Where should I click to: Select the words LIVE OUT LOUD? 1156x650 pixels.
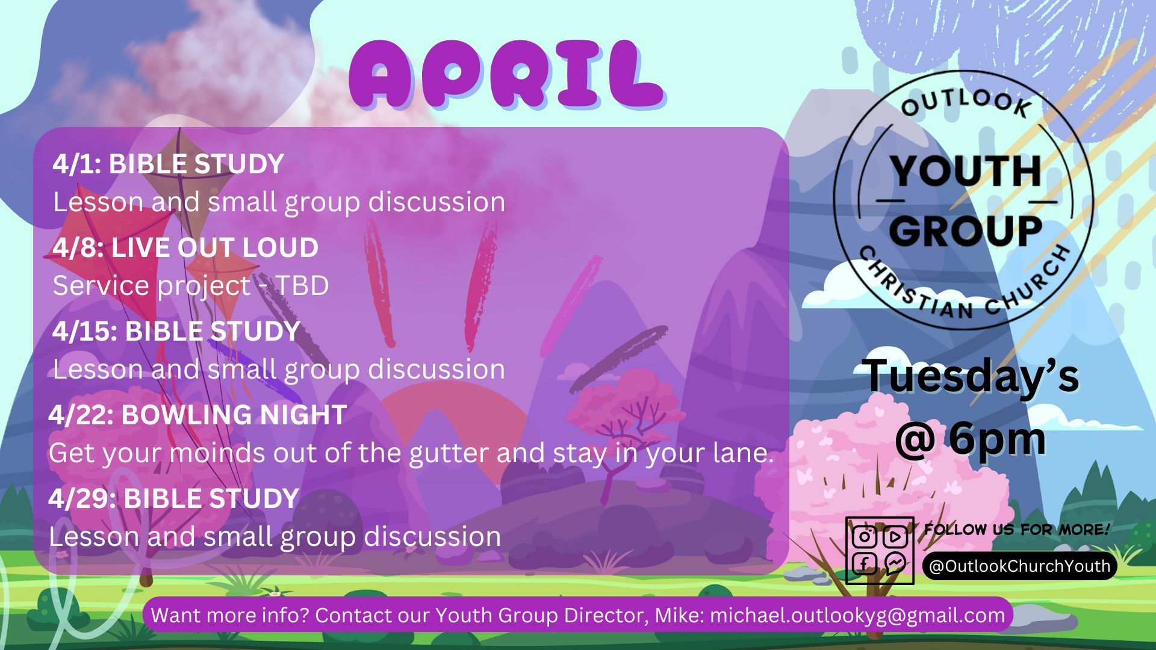(x=214, y=248)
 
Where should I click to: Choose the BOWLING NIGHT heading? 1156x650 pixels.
(x=234, y=415)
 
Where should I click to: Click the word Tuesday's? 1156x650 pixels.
(x=971, y=376)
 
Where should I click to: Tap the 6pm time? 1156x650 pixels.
(x=998, y=439)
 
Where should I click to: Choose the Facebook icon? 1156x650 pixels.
(x=864, y=565)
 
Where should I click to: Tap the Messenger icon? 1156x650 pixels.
(x=895, y=564)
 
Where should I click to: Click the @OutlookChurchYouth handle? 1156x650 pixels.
(x=1020, y=566)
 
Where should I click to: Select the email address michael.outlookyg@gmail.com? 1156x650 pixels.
(x=858, y=616)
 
